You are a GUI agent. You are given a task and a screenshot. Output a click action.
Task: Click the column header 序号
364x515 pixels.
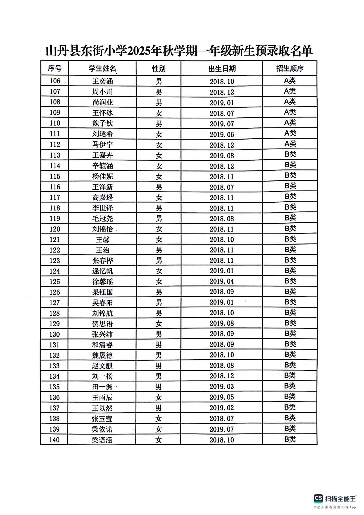(x=55, y=69)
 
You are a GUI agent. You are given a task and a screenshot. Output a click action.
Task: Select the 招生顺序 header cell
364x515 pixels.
(x=290, y=69)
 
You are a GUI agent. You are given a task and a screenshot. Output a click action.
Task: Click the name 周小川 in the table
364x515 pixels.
(x=103, y=92)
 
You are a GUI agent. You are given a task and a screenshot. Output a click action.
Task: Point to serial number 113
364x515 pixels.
(x=55, y=155)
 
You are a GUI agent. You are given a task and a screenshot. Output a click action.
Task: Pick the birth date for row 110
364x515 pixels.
(x=222, y=124)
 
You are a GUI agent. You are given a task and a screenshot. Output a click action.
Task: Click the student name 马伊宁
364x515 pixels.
(x=103, y=145)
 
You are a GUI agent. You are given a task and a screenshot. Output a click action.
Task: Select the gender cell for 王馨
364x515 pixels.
(x=159, y=240)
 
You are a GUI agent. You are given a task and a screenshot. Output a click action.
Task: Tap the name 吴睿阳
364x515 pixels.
(x=102, y=303)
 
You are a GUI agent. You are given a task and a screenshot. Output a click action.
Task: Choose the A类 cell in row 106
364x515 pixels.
(x=290, y=81)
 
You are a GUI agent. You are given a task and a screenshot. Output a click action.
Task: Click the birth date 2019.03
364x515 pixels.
(x=222, y=387)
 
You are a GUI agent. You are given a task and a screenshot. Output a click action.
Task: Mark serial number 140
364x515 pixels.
(x=54, y=440)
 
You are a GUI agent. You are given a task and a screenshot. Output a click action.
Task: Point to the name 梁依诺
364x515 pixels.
(x=102, y=429)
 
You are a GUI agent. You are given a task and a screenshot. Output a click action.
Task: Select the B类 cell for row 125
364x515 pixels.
(x=290, y=281)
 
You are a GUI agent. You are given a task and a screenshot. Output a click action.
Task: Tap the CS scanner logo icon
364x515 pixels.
(x=318, y=498)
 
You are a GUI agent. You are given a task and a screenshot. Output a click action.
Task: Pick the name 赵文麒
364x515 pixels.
(x=102, y=366)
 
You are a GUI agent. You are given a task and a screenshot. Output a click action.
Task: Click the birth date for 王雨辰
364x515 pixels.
(x=222, y=397)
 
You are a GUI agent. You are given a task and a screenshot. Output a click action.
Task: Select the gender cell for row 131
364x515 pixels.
(x=159, y=345)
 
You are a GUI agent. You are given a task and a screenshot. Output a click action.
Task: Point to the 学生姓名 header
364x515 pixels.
(x=102, y=69)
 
